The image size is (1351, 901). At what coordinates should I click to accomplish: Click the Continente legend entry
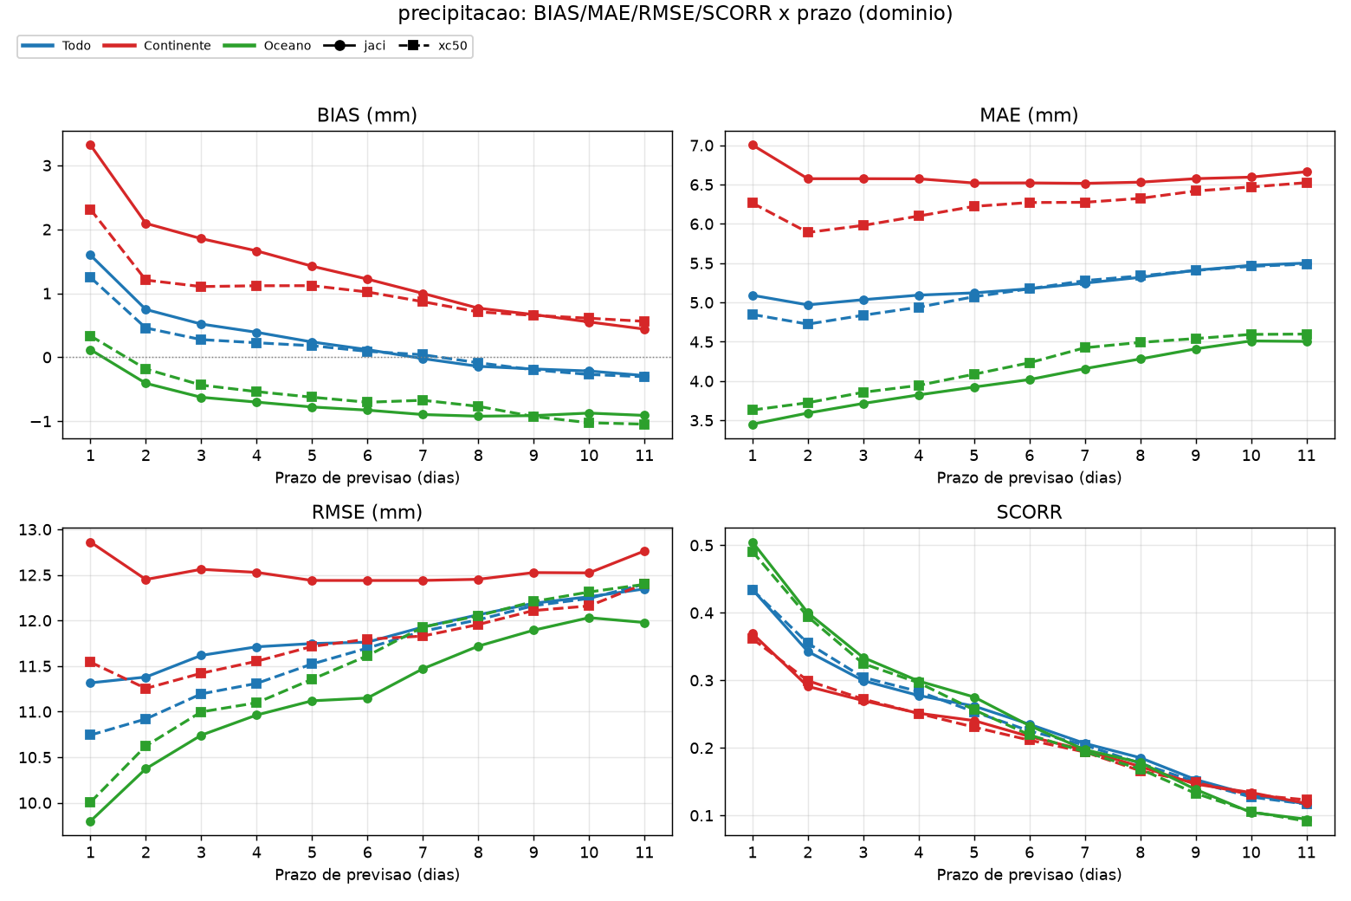click(157, 46)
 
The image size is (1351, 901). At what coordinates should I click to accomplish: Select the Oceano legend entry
click(268, 46)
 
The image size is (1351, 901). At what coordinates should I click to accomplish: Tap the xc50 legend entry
click(433, 46)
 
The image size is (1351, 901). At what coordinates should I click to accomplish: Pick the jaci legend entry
click(355, 46)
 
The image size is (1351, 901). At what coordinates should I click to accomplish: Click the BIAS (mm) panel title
click(366, 115)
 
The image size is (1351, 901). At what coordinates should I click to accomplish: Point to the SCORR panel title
click(1029, 512)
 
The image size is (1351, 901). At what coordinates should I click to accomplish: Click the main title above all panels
click(675, 13)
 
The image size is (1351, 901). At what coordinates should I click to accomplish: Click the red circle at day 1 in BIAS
click(90, 146)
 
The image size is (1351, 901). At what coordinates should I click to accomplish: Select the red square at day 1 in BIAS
click(90, 210)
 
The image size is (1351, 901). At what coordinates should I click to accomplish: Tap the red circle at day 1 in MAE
click(753, 146)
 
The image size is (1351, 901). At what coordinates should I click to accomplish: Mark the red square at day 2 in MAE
click(808, 232)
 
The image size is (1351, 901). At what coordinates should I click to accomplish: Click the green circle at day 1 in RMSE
click(90, 822)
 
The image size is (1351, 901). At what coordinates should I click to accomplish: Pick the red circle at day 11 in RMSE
click(644, 552)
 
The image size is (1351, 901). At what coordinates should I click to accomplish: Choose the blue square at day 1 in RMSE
click(90, 735)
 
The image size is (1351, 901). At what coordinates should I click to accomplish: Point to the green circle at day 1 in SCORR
click(753, 543)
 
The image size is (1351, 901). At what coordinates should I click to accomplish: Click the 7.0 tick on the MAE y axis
click(702, 146)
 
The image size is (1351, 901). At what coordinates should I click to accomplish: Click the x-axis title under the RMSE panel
click(366, 874)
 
